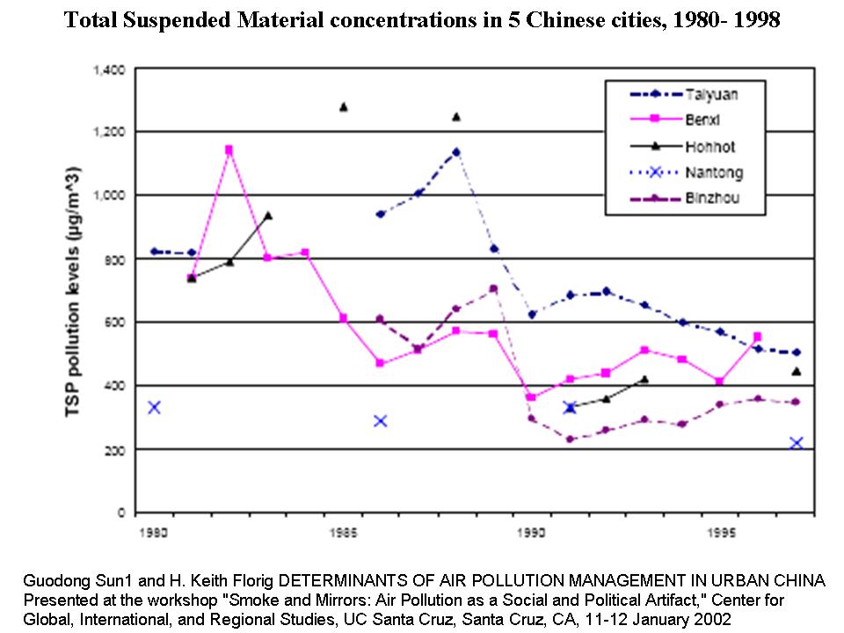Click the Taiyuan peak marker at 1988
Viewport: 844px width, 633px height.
tap(455, 152)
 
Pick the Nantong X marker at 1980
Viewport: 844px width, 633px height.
tap(154, 407)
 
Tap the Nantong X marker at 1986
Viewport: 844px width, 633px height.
tap(380, 420)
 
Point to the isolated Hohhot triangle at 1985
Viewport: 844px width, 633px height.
tap(343, 107)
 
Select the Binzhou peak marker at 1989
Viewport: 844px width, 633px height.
tap(493, 288)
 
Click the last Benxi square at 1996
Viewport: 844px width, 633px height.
tap(758, 337)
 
